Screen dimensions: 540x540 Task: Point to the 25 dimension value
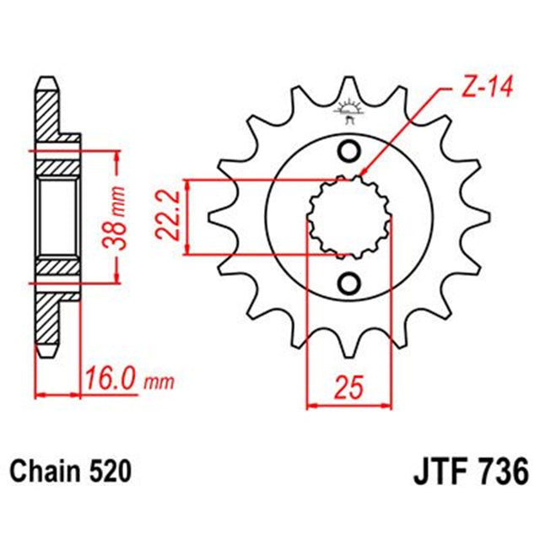coord(348,388)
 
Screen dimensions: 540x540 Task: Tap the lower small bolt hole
coord(348,281)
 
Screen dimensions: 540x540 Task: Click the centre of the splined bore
coord(348,216)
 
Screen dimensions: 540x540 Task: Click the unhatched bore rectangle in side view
coord(57,216)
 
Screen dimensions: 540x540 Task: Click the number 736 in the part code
coord(492,469)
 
